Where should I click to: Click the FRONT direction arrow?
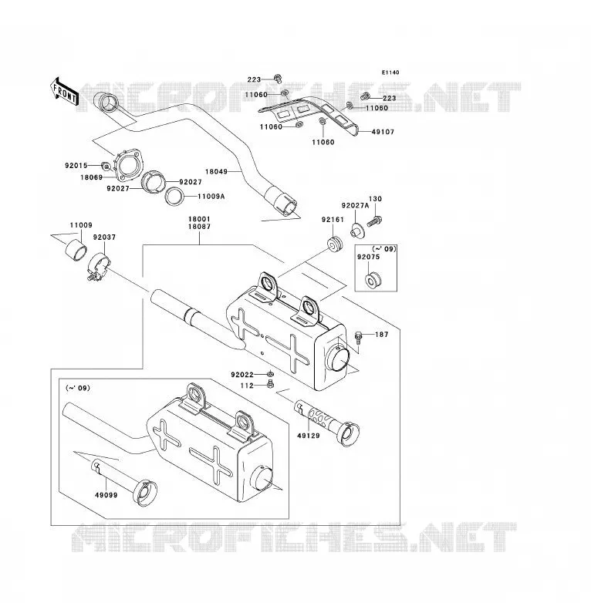[64, 93]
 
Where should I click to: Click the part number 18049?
[216, 171]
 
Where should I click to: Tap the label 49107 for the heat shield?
[383, 132]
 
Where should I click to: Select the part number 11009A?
[211, 197]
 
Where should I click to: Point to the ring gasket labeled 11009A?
[174, 197]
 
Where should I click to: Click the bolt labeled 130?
[374, 221]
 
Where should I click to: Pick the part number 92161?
[333, 220]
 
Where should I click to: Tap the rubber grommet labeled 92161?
[334, 244]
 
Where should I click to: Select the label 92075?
[368, 257]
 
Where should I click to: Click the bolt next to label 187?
[359, 337]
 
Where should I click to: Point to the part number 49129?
[309, 436]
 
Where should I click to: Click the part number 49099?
[106, 495]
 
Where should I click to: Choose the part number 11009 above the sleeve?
[81, 225]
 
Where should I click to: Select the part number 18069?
[92, 177]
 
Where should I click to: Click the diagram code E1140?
[390, 72]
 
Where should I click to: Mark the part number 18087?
[199, 227]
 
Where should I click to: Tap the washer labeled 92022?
[271, 373]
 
